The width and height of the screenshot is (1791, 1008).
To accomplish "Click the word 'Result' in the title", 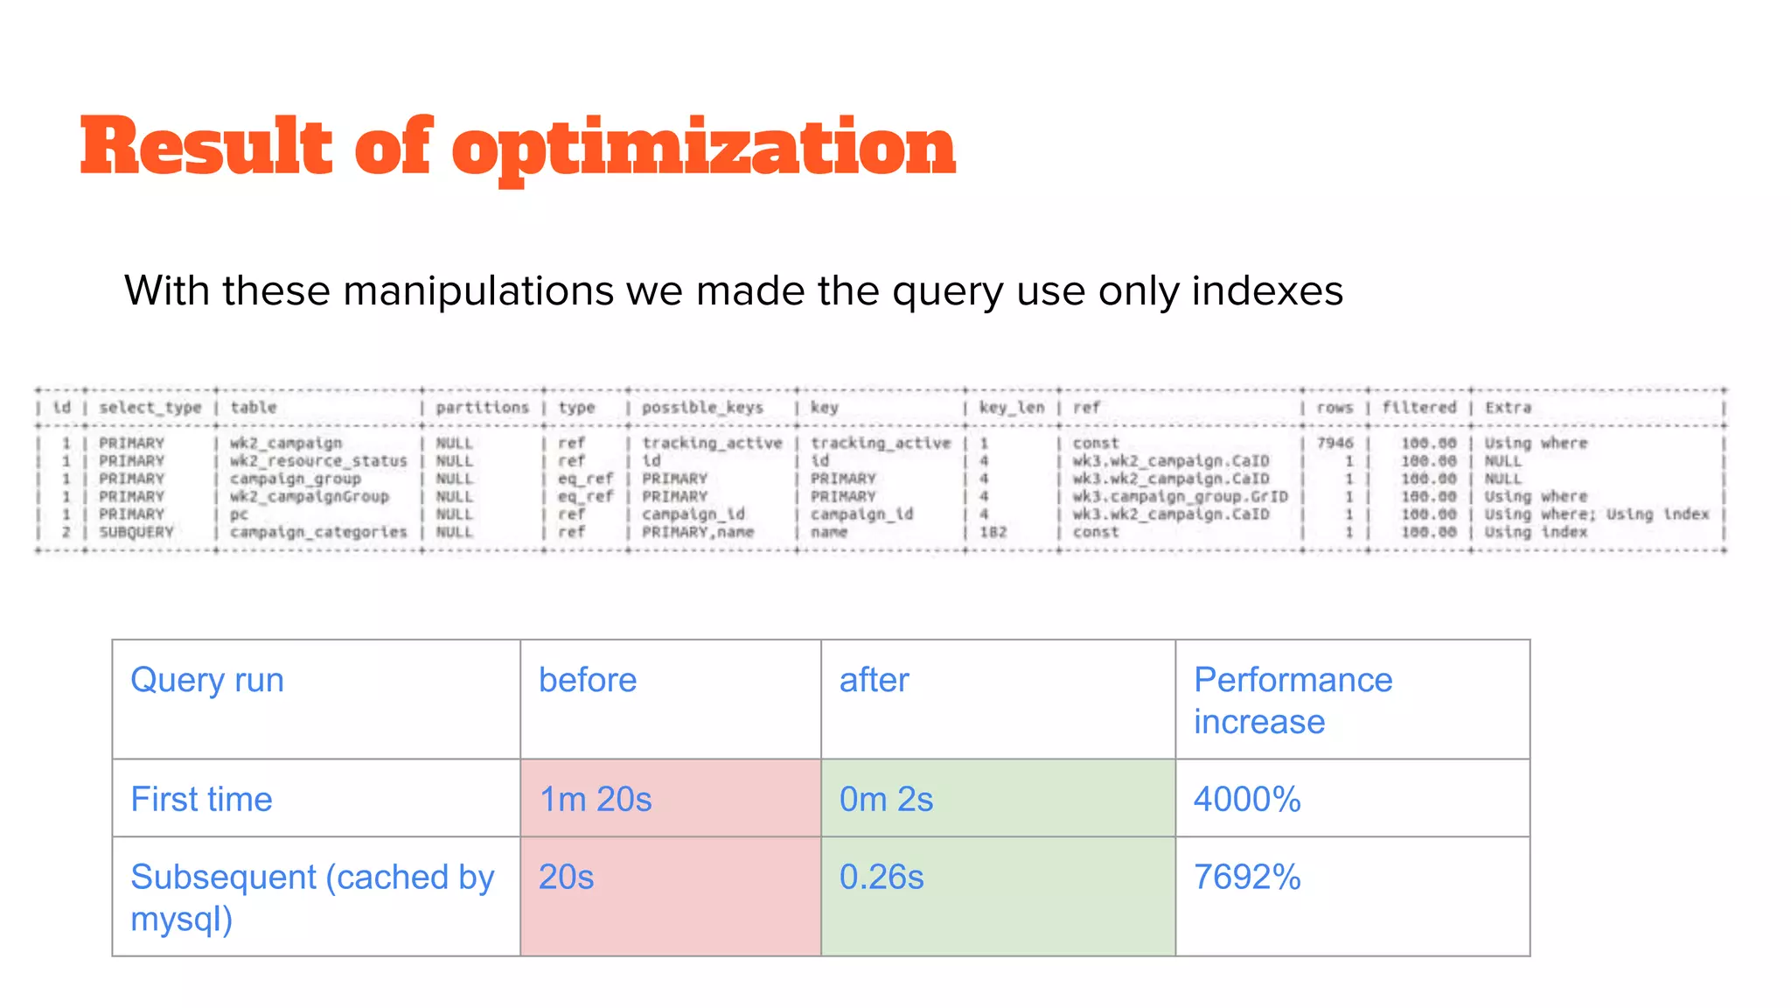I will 206,147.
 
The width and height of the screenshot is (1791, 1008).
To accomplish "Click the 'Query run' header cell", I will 207,680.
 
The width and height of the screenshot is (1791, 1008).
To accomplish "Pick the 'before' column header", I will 588,680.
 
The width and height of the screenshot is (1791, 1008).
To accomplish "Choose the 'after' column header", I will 874,680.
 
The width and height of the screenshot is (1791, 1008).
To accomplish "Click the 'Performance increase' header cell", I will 1293,700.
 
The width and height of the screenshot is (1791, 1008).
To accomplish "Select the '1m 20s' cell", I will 596,799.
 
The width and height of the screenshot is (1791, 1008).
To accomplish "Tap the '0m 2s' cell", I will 886,799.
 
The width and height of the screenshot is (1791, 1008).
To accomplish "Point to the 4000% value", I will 1247,799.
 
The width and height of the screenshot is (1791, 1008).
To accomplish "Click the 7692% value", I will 1247,877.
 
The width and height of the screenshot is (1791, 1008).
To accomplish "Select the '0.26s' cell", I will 882,877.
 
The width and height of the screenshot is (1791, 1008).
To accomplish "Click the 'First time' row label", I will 201,799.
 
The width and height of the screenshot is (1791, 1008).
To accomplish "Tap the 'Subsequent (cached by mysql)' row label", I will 312,897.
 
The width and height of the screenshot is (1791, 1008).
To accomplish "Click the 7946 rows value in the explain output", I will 1335,443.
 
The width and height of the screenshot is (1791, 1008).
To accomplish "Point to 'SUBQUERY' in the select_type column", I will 136,532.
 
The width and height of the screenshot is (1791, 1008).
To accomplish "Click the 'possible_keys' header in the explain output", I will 702,408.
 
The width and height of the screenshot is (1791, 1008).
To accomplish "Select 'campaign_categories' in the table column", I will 318,532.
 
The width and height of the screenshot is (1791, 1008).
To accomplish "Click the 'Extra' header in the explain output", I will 1508,408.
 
